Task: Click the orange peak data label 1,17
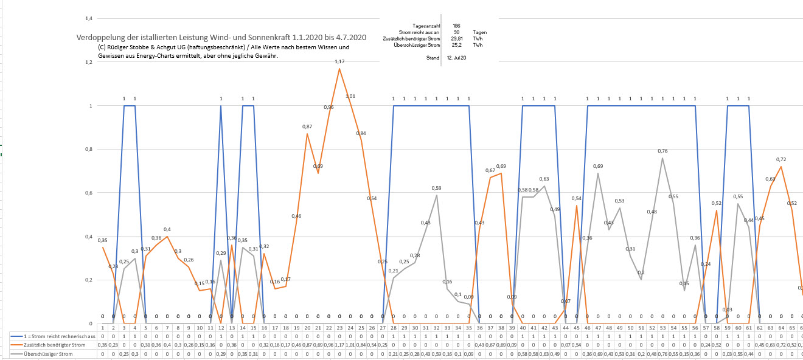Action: [339, 61]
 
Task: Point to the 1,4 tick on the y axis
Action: [89, 18]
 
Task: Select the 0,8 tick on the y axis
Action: [89, 149]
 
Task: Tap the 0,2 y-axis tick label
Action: [89, 280]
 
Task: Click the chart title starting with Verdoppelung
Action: [221, 38]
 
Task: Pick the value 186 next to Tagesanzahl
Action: [456, 26]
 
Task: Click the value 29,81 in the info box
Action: [456, 38]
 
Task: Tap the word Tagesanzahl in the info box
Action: [426, 26]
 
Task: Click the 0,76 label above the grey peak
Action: [662, 151]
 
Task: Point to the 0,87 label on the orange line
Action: [307, 126]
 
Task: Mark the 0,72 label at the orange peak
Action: [781, 159]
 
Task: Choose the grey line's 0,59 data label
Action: [436, 188]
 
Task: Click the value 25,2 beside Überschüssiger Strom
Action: [456, 44]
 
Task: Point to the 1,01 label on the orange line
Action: [350, 96]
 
